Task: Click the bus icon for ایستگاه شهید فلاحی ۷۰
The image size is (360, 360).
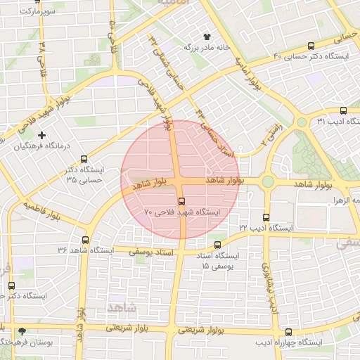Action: coord(182,201)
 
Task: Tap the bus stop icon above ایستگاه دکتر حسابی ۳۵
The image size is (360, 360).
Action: coord(84,160)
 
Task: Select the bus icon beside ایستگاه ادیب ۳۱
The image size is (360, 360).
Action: coord(343,110)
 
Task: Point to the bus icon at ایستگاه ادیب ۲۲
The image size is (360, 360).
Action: coord(266,217)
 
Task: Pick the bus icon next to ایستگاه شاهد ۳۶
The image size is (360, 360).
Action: coord(85,240)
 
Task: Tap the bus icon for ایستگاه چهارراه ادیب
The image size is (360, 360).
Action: coord(289,332)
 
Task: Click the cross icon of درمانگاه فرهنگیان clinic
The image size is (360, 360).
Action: coord(41,134)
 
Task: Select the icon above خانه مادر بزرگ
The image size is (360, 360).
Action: coord(207,37)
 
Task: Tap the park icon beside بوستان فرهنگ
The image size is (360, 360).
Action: coord(22,330)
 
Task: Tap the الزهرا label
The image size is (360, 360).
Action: coord(347,200)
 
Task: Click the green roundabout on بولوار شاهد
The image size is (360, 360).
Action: coord(267,181)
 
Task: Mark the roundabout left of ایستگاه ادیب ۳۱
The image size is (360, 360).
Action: coord(302,122)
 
